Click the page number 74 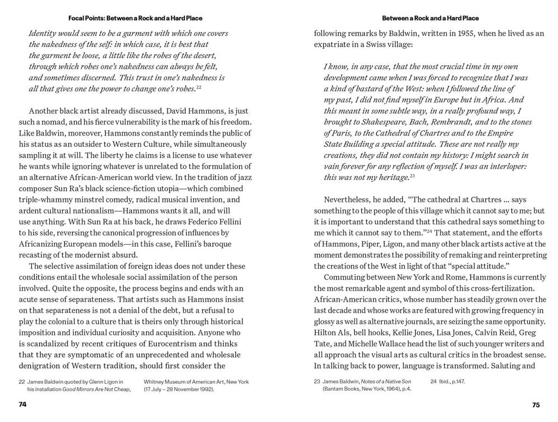22,404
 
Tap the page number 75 536,405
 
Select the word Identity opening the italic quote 44,34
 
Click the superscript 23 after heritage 412,175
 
